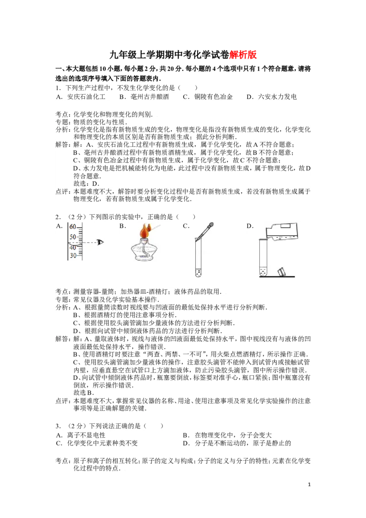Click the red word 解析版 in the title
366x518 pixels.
[x=243, y=54]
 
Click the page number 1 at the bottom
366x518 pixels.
[x=309, y=485]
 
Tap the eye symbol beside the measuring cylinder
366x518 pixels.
[x=100, y=243]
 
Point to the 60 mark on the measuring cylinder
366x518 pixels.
[x=73, y=227]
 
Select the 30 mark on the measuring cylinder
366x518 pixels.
[x=73, y=255]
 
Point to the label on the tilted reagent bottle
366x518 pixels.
[x=285, y=227]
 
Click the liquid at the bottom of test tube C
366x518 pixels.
[x=198, y=273]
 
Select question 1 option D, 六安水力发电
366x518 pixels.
[x=272, y=97]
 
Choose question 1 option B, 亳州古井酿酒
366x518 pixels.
[x=144, y=97]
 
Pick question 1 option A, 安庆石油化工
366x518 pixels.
[x=81, y=97]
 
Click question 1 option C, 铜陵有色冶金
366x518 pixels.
[x=208, y=97]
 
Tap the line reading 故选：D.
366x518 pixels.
[x=86, y=183]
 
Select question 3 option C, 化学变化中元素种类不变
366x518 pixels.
[x=97, y=443]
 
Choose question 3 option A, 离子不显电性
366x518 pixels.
[x=81, y=436]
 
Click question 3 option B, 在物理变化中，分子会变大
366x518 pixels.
[x=227, y=436]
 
